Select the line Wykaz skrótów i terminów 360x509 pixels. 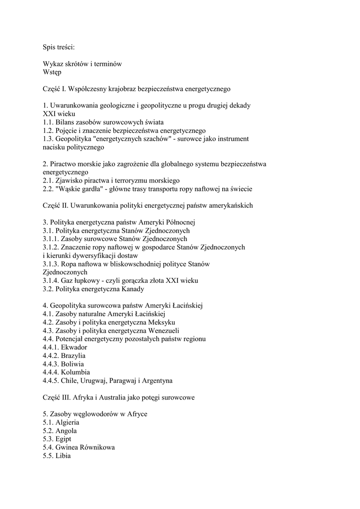82,64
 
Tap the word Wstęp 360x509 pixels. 52,73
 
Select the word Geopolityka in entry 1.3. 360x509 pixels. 74,139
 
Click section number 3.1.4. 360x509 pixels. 53,280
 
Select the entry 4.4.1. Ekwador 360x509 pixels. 65,347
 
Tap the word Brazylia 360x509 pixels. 73,355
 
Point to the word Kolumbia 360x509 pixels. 76,372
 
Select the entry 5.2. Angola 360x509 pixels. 60,430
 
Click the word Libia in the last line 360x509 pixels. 63,455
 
